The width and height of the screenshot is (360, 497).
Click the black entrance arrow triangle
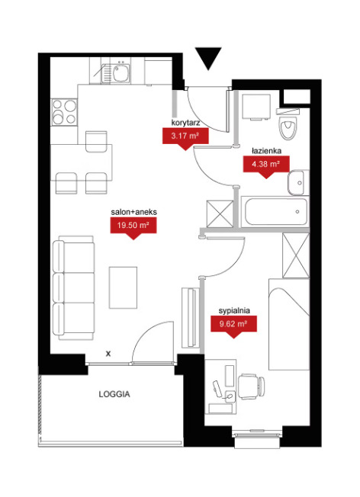click(x=208, y=58)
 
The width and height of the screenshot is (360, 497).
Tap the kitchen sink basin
click(x=121, y=73)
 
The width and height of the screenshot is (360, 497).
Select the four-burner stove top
click(x=64, y=112)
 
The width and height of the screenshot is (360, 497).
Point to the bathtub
click(x=275, y=211)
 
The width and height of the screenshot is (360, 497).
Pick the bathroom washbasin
click(x=298, y=183)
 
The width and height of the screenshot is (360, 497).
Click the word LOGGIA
click(x=114, y=394)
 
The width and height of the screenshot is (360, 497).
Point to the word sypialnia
click(x=234, y=311)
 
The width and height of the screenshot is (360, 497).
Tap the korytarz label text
click(x=185, y=123)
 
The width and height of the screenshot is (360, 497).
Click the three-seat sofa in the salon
click(x=73, y=288)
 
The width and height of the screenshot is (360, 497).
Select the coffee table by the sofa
click(x=123, y=287)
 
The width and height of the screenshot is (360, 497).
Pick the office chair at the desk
click(x=251, y=386)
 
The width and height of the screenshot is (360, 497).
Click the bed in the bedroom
click(x=289, y=324)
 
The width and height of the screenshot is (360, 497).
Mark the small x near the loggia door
click(x=108, y=354)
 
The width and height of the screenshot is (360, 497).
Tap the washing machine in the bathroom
click(x=256, y=107)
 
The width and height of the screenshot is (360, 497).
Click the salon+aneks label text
click(x=133, y=212)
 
